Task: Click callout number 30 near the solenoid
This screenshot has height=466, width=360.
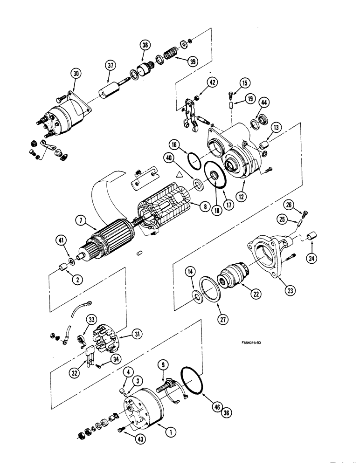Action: (76, 73)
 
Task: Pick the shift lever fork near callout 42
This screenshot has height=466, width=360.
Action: (189, 112)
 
